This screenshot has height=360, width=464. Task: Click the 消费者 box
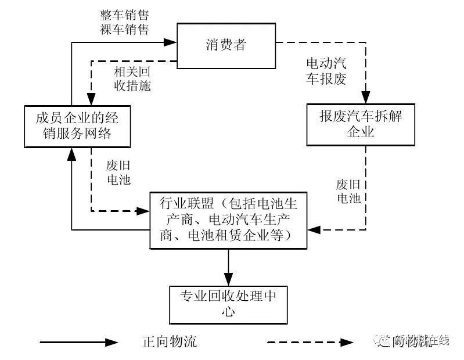[226, 45]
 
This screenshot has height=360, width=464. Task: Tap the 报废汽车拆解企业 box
[360, 124]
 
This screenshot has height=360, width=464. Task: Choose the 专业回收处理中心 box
[228, 304]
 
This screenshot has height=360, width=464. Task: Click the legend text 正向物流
[170, 341]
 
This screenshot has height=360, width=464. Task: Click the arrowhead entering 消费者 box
[170, 42]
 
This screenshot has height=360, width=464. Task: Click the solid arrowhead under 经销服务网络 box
[71, 153]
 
